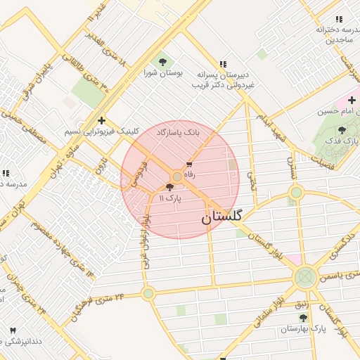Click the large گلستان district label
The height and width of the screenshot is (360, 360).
click(x=221, y=217)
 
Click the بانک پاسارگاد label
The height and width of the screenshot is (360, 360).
click(x=178, y=132)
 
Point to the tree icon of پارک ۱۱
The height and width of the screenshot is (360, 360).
click(x=169, y=187)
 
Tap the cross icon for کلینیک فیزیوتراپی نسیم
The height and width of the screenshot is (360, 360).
click(x=102, y=120)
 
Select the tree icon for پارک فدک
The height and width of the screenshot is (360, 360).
click(x=342, y=130)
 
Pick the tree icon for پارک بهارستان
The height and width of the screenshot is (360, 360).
click(x=303, y=318)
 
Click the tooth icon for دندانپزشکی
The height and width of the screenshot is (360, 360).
click(x=12, y=330)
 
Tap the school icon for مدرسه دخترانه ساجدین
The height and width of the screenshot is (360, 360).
click(x=338, y=19)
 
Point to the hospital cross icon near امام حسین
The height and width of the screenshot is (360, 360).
click(x=351, y=101)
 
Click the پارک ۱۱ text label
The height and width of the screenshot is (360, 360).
click(x=169, y=199)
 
